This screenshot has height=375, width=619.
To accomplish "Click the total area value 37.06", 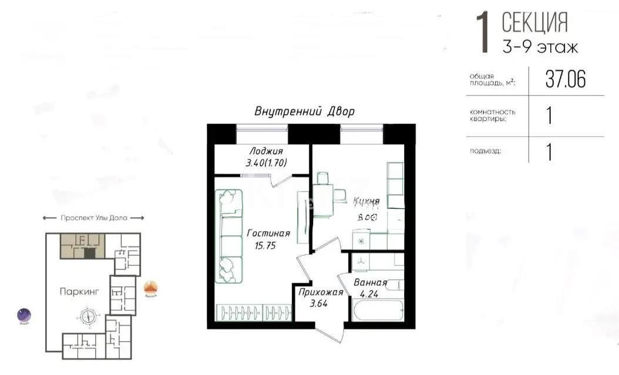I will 565,79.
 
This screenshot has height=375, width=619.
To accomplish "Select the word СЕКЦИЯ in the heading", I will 534,23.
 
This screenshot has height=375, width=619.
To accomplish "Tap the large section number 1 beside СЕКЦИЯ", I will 483,34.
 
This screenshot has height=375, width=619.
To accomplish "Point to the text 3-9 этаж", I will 540,47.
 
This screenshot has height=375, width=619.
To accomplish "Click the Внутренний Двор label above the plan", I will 304,112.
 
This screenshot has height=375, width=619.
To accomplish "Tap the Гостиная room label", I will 268,234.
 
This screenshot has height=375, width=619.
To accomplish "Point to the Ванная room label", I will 370,283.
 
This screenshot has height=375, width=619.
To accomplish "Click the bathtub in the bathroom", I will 376,310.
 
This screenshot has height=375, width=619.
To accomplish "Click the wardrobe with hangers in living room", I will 253,312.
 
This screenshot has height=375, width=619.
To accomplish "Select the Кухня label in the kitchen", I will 366,202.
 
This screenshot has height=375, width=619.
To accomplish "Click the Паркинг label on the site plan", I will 79,290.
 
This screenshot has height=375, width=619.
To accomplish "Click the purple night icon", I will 24,316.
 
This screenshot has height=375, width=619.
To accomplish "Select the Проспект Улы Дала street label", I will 93,218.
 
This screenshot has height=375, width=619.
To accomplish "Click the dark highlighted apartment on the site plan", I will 89,253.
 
